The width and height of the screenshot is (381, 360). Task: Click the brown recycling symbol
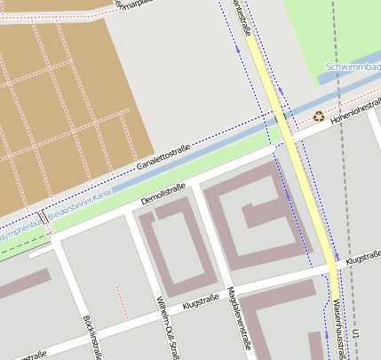[319, 116]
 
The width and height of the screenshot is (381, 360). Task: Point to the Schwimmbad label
[353, 68]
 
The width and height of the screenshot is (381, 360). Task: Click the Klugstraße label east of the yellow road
[362, 260]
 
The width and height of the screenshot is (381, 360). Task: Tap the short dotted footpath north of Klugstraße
[122, 302]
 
